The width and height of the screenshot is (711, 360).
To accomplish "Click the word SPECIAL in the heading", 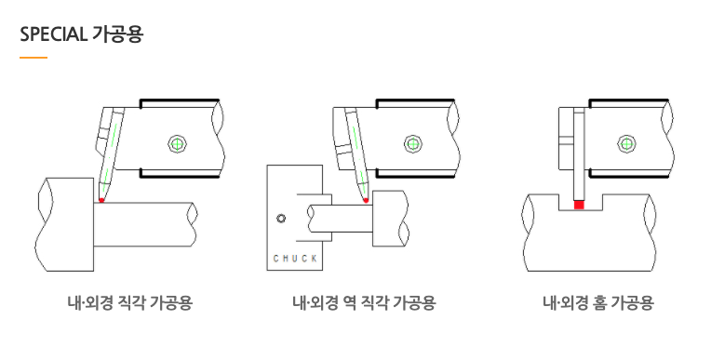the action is (x=53, y=34).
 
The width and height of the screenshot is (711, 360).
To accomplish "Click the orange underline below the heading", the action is (x=34, y=58).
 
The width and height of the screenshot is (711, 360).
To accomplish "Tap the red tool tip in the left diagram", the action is (x=101, y=200).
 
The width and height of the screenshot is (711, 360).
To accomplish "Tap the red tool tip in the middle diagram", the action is (x=366, y=200).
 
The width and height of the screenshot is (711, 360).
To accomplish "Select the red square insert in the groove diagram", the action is (x=579, y=205).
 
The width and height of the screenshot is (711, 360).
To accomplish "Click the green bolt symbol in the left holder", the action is (x=178, y=144).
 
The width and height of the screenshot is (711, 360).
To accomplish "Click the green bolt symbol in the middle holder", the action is (x=412, y=144).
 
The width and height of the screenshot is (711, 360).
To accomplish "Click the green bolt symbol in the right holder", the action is (x=626, y=144).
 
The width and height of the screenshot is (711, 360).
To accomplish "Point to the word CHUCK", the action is (x=295, y=259).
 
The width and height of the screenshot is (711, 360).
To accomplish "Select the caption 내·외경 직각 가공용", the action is (x=130, y=302).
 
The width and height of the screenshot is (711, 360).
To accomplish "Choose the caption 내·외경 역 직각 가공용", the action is (x=364, y=302).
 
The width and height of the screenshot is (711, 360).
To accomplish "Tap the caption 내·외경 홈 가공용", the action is (x=598, y=302).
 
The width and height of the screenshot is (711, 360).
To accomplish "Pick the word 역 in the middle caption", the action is (x=347, y=302).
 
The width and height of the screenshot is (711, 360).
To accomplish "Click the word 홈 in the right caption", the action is (x=598, y=302).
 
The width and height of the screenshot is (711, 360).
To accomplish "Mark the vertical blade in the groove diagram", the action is (x=579, y=154).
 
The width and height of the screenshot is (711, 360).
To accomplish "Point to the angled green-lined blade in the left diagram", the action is (x=111, y=154).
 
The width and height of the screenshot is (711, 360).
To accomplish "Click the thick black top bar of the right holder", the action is (x=629, y=100).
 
